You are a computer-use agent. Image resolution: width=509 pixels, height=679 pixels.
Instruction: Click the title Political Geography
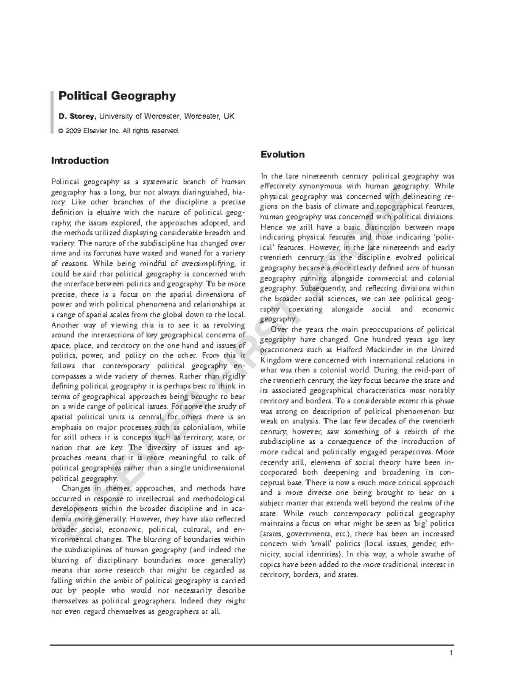pyautogui.click(x=117, y=96)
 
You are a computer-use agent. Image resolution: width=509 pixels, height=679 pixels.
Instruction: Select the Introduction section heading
pyautogui.click(x=80, y=161)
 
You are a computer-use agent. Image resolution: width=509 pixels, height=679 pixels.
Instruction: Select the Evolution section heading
pyautogui.click(x=282, y=154)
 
